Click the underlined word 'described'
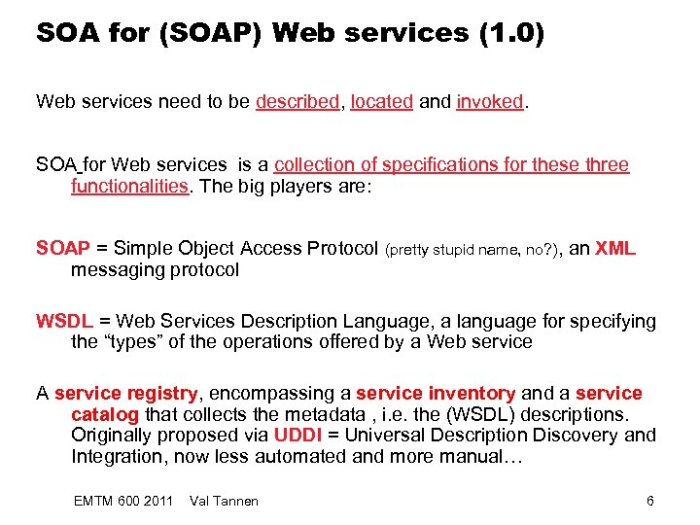pyautogui.click(x=297, y=101)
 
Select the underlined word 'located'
pyautogui.click(x=381, y=101)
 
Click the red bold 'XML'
pyautogui.click(x=615, y=248)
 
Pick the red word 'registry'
pyautogui.click(x=166, y=393)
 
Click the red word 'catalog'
pyautogui.click(x=104, y=414)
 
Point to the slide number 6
pyautogui.click(x=650, y=500)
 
